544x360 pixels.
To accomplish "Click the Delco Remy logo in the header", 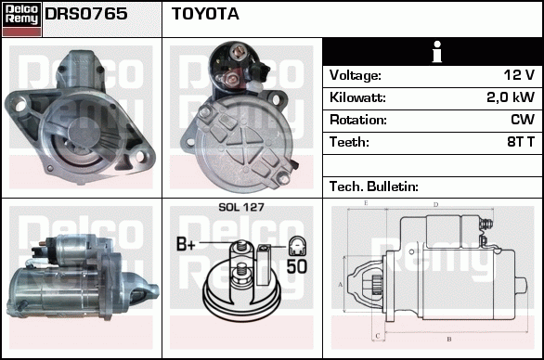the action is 22,19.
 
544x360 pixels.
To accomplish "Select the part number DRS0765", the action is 86,14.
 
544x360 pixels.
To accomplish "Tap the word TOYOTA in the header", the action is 205,14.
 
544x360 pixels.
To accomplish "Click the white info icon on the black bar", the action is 437,52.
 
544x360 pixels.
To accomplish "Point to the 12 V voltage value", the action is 519,74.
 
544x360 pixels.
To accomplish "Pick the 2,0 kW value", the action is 511,97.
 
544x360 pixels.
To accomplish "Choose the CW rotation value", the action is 523,120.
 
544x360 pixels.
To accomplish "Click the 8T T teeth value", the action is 521,142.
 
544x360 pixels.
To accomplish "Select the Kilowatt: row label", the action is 357,97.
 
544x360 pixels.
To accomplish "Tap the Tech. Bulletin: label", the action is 374,186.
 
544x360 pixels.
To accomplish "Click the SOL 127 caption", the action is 241,207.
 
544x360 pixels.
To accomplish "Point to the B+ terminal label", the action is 186,244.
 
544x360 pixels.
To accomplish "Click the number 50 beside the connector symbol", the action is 297,266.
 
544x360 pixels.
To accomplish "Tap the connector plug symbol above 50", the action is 298,246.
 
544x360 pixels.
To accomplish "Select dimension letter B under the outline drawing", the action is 449,339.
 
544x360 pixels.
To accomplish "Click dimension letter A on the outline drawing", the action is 341,285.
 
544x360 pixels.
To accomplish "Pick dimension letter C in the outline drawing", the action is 378,336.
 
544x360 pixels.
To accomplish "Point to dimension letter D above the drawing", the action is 436,205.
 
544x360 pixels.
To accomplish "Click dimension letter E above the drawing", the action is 366,203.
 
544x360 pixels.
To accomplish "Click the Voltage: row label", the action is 356,75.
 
